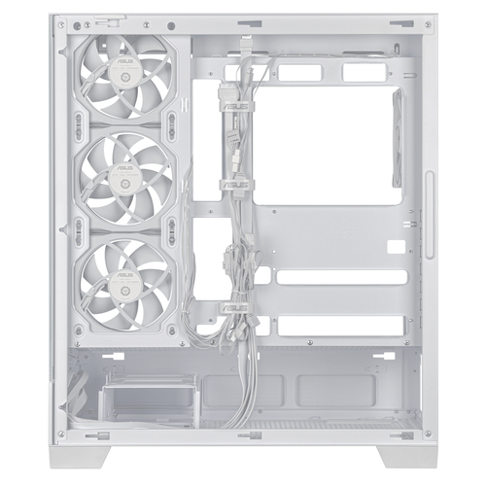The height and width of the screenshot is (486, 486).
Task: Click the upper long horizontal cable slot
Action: (340, 277)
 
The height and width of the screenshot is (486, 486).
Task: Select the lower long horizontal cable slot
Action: (340, 327)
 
